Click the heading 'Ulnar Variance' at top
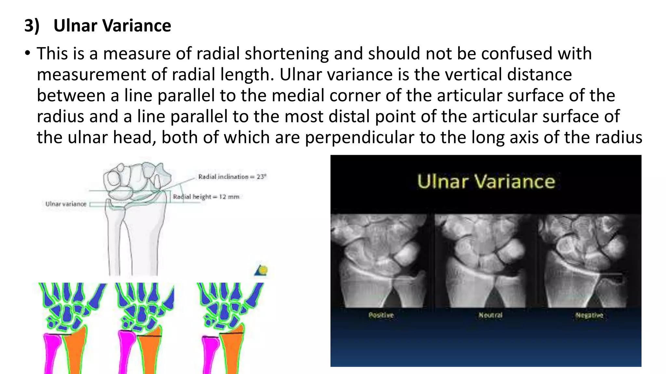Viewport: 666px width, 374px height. tap(112, 26)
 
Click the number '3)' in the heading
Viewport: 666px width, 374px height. tap(32, 26)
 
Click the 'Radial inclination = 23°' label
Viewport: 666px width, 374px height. tap(232, 177)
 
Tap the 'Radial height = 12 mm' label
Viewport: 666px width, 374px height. tap(206, 197)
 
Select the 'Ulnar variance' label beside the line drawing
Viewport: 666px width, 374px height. tap(66, 204)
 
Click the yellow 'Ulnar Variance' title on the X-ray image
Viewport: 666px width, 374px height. tap(486, 181)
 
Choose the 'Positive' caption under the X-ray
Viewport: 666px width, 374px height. tap(381, 315)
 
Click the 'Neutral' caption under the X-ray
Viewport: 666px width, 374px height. tap(490, 315)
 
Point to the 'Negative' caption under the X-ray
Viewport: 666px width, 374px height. tap(589, 315)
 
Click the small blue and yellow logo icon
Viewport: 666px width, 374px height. tap(261, 270)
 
